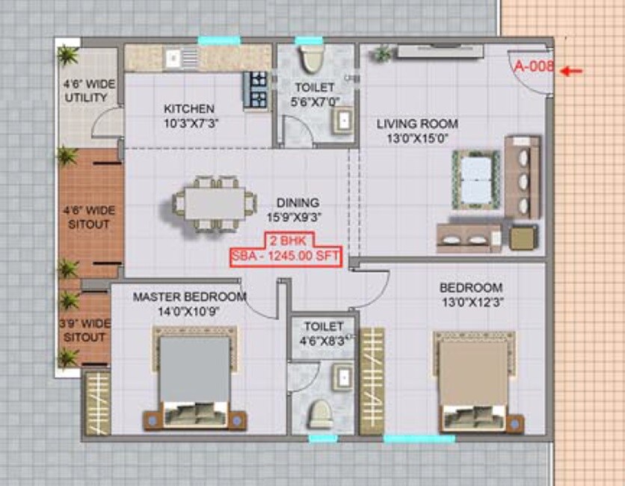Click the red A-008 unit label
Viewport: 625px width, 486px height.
click(x=534, y=66)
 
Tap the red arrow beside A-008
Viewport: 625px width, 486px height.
click(x=571, y=71)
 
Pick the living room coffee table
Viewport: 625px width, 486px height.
click(x=473, y=178)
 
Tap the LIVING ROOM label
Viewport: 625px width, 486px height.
click(x=417, y=123)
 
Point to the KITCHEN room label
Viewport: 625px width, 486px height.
click(x=188, y=109)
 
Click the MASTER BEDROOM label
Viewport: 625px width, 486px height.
click(x=189, y=297)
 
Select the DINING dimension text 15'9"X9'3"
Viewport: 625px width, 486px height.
click(x=298, y=217)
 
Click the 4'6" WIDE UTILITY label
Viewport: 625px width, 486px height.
click(x=90, y=91)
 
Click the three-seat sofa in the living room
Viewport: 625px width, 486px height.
click(x=523, y=176)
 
